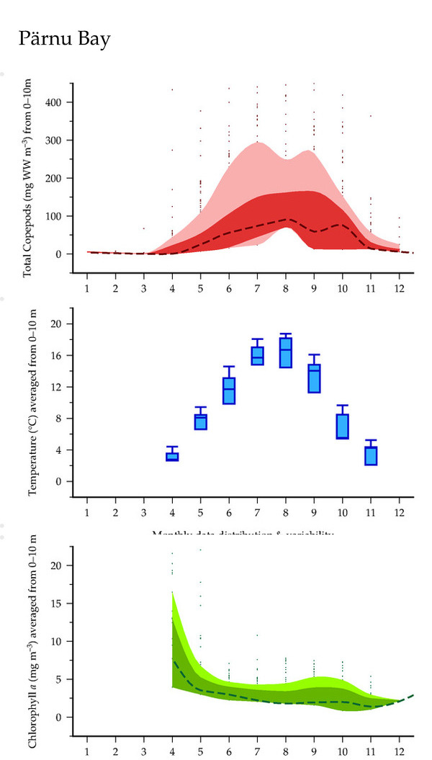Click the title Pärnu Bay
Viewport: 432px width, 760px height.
click(65, 39)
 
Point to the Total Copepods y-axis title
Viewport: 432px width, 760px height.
click(29, 180)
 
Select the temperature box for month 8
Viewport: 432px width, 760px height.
click(286, 353)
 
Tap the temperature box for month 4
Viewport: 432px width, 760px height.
click(173, 456)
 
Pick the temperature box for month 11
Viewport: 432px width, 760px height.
click(371, 456)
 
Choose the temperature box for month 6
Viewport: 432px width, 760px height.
click(229, 390)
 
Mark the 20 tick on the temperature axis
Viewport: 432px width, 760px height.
click(60, 324)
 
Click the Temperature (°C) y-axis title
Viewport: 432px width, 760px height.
click(33, 401)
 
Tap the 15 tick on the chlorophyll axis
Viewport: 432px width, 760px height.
click(60, 603)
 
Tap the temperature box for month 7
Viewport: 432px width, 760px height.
click(258, 356)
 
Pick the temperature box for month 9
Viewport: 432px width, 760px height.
click(315, 378)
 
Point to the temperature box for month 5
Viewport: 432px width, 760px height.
click(201, 421)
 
